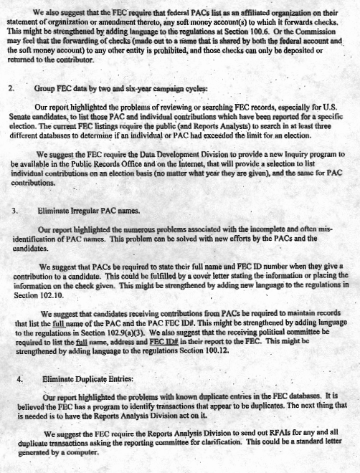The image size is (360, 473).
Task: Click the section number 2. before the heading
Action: click(11, 90)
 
